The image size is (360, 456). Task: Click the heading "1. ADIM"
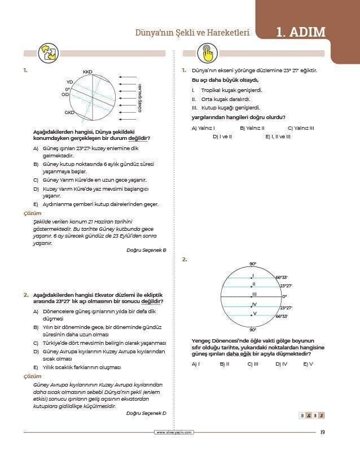click(x=301, y=32)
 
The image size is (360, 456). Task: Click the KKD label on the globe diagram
click(x=87, y=72)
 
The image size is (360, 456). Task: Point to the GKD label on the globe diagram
click(x=69, y=112)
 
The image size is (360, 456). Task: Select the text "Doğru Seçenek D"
click(x=147, y=413)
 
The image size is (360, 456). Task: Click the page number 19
click(x=322, y=432)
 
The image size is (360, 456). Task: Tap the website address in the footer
click(x=174, y=432)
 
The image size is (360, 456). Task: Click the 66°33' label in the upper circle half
click(x=282, y=277)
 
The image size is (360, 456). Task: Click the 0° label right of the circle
click(x=284, y=296)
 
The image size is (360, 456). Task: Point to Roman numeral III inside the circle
click(x=254, y=294)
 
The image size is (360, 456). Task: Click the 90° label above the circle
click(x=252, y=264)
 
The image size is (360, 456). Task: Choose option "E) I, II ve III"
click(x=278, y=136)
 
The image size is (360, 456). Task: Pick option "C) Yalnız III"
click(x=300, y=128)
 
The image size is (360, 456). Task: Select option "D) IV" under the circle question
click(x=281, y=364)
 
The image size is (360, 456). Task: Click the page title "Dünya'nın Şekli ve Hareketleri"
click(x=190, y=33)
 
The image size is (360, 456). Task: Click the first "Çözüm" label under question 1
click(x=32, y=213)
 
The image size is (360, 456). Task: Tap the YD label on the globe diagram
click(x=69, y=82)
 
